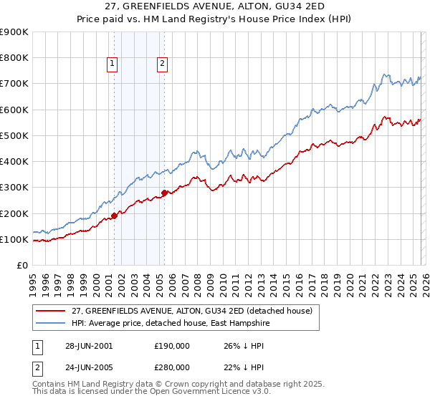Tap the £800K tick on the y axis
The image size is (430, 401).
coord(14,58)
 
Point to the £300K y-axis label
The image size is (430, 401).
coord(14,188)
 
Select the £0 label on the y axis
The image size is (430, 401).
coord(21,265)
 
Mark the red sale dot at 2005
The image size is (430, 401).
coord(165,193)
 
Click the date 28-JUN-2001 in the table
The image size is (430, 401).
coord(89,345)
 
